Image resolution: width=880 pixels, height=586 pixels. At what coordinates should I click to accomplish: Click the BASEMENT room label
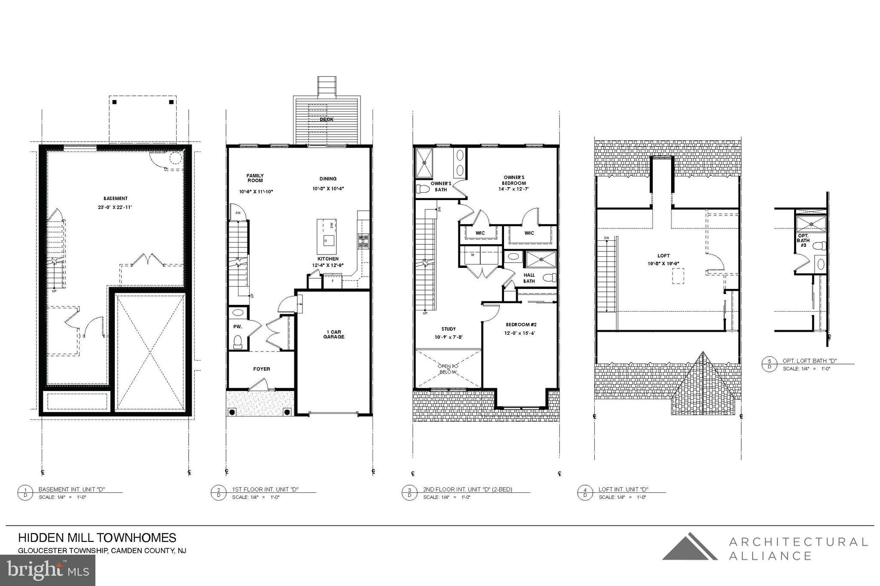(115, 198)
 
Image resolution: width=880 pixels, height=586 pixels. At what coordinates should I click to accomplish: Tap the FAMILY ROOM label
(255, 178)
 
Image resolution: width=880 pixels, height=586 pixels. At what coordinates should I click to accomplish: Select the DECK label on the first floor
(327, 119)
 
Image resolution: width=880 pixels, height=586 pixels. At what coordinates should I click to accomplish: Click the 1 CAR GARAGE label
(334, 334)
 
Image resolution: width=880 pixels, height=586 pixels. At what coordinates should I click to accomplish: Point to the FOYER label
(261, 369)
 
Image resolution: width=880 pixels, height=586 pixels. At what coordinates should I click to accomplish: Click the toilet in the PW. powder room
(237, 342)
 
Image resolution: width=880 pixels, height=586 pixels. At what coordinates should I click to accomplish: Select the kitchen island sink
(326, 240)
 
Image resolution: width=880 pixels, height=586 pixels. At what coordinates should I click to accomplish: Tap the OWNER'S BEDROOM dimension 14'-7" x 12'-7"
(513, 189)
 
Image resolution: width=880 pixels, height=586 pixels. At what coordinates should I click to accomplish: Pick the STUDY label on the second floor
(449, 329)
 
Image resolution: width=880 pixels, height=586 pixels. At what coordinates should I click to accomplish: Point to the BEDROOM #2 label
(521, 325)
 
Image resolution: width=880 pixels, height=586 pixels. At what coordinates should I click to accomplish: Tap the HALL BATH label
(529, 278)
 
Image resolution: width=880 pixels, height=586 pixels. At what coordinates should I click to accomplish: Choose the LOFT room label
(663, 255)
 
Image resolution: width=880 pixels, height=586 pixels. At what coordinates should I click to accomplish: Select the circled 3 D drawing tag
(409, 492)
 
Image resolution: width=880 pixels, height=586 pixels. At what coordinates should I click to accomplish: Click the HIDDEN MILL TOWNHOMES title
(97, 538)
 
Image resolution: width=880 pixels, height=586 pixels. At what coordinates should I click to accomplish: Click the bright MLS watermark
(47, 570)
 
